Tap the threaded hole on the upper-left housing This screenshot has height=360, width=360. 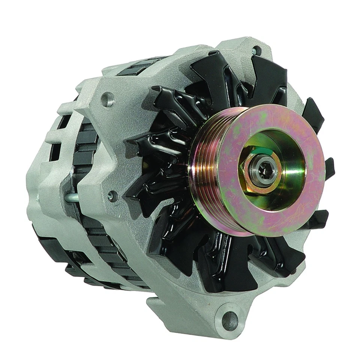(x=108, y=99)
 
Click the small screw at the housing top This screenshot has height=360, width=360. (x=256, y=50)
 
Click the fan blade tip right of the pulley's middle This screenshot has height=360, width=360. (x=329, y=167)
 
